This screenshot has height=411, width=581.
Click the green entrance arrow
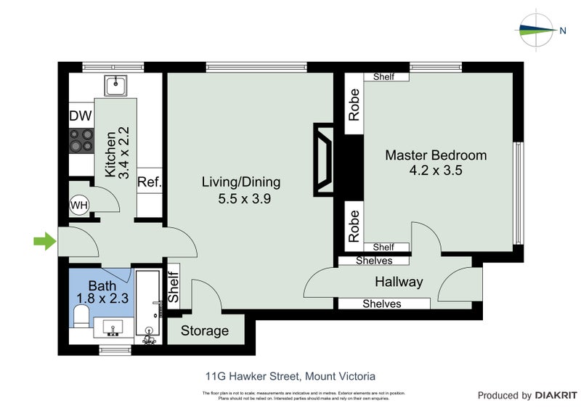click(x=45, y=242)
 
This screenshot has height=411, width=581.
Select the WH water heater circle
click(x=78, y=206)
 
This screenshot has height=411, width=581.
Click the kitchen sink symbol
click(x=115, y=86)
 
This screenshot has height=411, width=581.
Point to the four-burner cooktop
click(x=81, y=140)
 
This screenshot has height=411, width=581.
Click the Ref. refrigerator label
click(x=149, y=182)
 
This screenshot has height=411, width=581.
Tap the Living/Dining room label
click(x=240, y=182)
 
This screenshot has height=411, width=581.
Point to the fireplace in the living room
click(x=324, y=159)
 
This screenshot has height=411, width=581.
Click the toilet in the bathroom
click(x=81, y=316)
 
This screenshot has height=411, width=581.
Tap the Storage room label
click(x=204, y=331)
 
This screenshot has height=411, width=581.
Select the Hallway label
click(x=399, y=282)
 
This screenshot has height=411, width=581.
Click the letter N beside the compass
click(x=563, y=30)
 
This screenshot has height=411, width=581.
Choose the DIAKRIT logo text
click(x=555, y=396)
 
